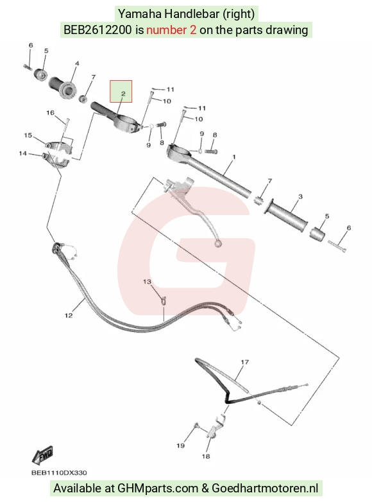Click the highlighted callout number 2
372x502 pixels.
[123, 94]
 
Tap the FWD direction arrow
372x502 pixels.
[42, 455]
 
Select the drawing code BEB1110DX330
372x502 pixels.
[59, 472]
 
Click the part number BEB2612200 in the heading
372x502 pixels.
[97, 30]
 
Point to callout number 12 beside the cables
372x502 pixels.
[69, 316]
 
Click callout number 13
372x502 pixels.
[147, 282]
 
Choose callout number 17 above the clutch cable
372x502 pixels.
[245, 362]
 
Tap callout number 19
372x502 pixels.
[181, 446]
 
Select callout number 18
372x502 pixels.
[206, 456]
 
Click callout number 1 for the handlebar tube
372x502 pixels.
[234, 157]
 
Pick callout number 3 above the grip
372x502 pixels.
[300, 196]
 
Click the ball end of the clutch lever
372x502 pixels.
[218, 244]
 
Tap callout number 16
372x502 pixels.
[50, 113]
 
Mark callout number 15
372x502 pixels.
[28, 135]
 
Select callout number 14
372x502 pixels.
[22, 153]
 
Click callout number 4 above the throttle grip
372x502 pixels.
[77, 64]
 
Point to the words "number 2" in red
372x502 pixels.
[171, 30]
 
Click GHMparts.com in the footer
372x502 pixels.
[158, 489]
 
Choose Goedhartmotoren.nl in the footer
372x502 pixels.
[265, 489]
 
